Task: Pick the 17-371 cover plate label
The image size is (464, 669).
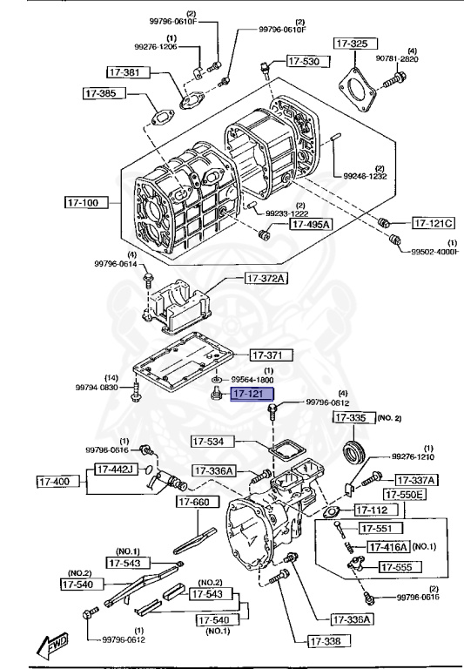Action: (x=271, y=355)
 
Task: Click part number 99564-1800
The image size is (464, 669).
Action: (x=252, y=380)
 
